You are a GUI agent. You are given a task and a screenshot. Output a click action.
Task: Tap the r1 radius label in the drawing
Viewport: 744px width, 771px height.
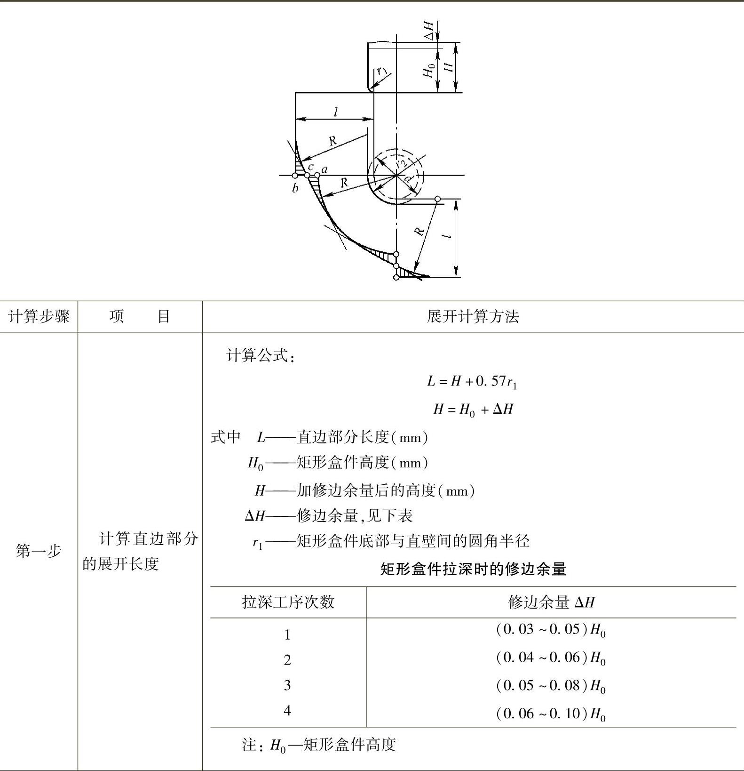tap(382, 71)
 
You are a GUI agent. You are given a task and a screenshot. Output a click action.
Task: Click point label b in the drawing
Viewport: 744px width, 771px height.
tap(295, 189)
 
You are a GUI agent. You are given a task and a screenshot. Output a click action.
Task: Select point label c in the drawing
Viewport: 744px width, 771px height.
tap(310, 167)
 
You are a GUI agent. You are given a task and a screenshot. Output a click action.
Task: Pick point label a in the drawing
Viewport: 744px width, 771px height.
tap(325, 169)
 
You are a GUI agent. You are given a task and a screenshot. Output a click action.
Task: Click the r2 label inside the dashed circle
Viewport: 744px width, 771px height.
tap(401, 163)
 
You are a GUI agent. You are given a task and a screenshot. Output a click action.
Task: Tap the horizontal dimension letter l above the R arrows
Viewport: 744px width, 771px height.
tap(335, 112)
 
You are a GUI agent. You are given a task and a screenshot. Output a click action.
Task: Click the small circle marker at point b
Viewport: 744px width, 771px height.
tap(295, 176)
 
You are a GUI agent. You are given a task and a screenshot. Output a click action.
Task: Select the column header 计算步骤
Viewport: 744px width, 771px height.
tap(39, 316)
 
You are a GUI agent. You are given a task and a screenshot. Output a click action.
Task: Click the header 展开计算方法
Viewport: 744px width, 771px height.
tap(473, 316)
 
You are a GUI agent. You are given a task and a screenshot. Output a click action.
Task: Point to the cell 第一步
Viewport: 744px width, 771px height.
tap(39, 550)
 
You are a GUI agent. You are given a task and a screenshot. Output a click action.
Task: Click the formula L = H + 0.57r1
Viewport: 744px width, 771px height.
tap(472, 381)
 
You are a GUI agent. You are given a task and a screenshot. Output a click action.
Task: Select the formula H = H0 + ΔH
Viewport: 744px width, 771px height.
tap(473, 409)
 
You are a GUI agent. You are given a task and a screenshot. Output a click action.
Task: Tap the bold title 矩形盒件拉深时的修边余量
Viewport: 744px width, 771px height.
tap(473, 569)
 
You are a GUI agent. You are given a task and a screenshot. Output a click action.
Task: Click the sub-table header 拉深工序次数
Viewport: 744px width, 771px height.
tap(288, 602)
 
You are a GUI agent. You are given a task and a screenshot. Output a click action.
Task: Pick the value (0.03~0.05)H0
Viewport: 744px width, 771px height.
tap(550, 630)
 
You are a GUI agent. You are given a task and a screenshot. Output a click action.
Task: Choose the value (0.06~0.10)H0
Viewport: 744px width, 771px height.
tap(550, 714)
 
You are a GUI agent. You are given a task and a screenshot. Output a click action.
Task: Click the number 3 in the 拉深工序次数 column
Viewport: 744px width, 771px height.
tap(287, 685)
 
